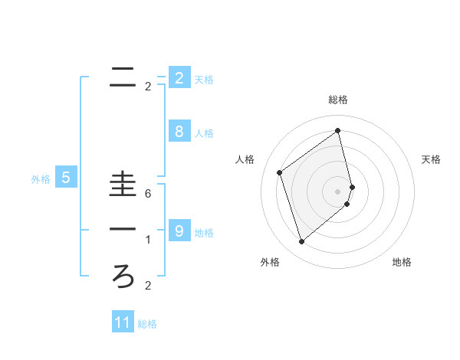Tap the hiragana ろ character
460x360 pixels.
tap(123, 274)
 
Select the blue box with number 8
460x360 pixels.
tap(179, 132)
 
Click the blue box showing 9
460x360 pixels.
tap(179, 231)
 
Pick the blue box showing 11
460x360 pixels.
tap(123, 322)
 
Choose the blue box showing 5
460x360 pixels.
tap(66, 178)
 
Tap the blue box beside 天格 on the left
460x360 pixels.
tap(179, 78)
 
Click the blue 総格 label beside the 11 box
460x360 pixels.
tap(147, 324)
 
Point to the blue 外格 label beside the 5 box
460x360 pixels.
tap(41, 179)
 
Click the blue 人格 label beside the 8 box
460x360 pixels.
tap(204, 133)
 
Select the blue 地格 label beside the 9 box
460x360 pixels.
tap(204, 232)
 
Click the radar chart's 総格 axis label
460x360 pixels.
tap(338, 100)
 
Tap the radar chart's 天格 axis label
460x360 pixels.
tap(431, 159)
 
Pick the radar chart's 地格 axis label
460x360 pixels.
tap(402, 263)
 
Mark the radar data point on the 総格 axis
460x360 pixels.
tap(338, 130)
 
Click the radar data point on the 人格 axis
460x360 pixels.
tap(280, 172)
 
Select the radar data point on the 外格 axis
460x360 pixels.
tap(301, 242)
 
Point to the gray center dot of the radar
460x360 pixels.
tap(338, 191)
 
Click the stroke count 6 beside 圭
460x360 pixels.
tap(147, 194)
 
